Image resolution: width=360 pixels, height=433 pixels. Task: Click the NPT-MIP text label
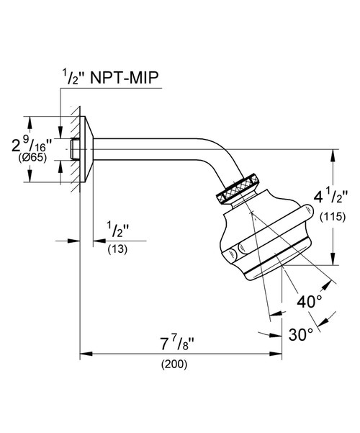point(125,78)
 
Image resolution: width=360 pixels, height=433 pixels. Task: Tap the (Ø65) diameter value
point(32,158)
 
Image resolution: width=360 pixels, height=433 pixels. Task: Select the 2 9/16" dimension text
point(32,145)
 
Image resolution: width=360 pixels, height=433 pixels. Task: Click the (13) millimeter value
point(117,249)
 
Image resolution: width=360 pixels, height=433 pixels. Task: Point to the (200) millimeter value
point(174,365)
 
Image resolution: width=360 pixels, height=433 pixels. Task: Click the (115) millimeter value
point(333,217)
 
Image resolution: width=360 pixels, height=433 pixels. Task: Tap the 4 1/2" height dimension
point(330,197)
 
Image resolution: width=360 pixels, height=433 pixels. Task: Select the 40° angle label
point(310,301)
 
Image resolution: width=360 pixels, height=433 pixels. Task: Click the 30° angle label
point(301,334)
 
